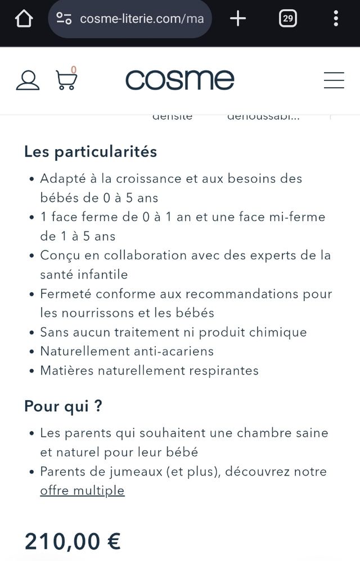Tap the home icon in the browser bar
[x=24, y=19]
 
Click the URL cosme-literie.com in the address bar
[x=141, y=19]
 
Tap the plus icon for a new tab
[x=238, y=19]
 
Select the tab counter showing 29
[x=287, y=19]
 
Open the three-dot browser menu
[x=336, y=19]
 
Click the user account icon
[x=28, y=80]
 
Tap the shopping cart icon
[x=66, y=80]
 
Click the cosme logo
[x=179, y=80]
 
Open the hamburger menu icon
[x=334, y=80]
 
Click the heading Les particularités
[x=90, y=151]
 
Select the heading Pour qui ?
[x=63, y=406]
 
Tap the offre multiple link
[x=82, y=491]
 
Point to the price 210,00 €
[x=72, y=541]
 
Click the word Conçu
[x=58, y=255]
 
